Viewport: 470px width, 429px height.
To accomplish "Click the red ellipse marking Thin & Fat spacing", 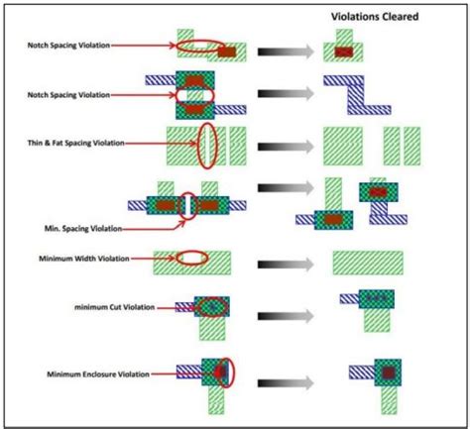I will (207, 146).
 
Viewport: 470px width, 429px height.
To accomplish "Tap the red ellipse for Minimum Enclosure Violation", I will (228, 374).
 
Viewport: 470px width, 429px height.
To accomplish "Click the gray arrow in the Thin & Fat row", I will (282, 146).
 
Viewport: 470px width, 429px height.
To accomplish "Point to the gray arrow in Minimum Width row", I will (282, 263).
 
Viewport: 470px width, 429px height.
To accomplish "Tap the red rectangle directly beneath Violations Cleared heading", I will (344, 51).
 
